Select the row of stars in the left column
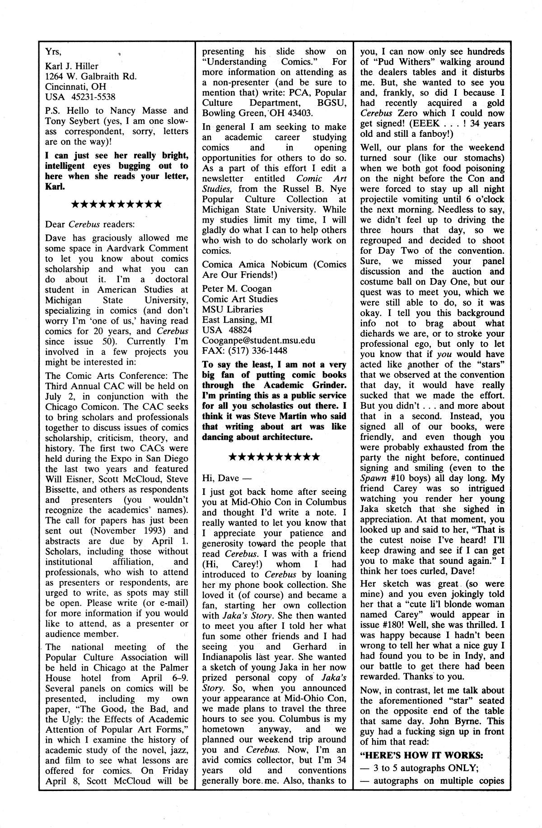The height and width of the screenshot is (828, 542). pyautogui.click(x=117, y=204)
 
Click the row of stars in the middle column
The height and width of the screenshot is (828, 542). pyautogui.click(x=274, y=456)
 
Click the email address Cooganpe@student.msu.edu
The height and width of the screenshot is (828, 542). pyautogui.click(x=259, y=340)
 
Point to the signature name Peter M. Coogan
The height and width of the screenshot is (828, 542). pyautogui.click(x=237, y=288)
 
